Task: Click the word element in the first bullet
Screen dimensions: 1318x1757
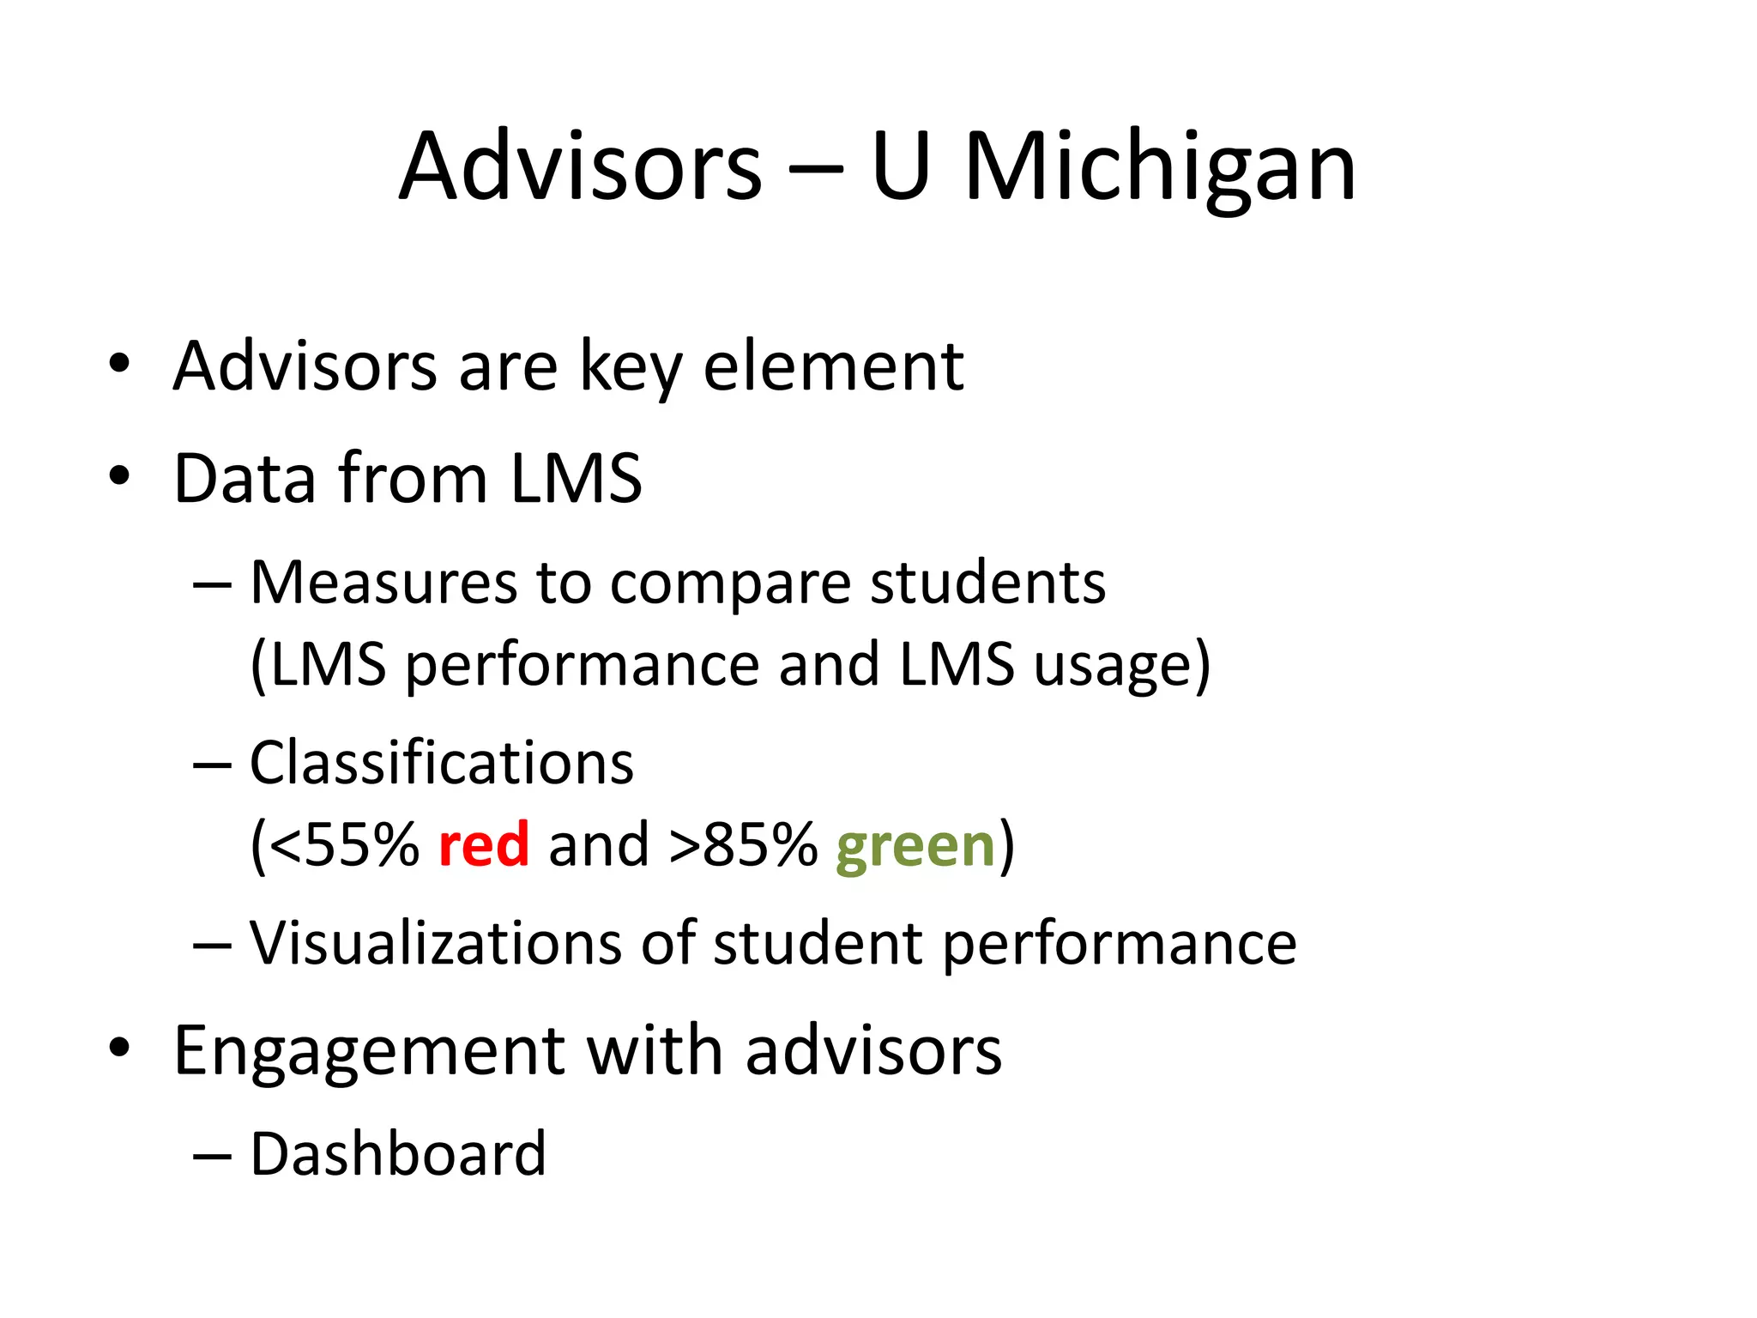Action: tap(833, 367)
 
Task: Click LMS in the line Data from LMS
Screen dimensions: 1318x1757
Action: tap(576, 478)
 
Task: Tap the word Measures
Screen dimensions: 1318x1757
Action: tap(383, 583)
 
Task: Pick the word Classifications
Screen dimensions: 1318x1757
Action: tap(442, 763)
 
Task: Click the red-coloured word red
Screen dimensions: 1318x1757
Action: tap(483, 845)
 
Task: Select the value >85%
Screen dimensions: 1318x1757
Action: tap(743, 845)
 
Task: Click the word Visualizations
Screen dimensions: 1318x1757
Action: tap(435, 943)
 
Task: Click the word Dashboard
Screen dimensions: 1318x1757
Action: tap(398, 1154)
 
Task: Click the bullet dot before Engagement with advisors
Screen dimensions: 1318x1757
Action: tap(119, 1048)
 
